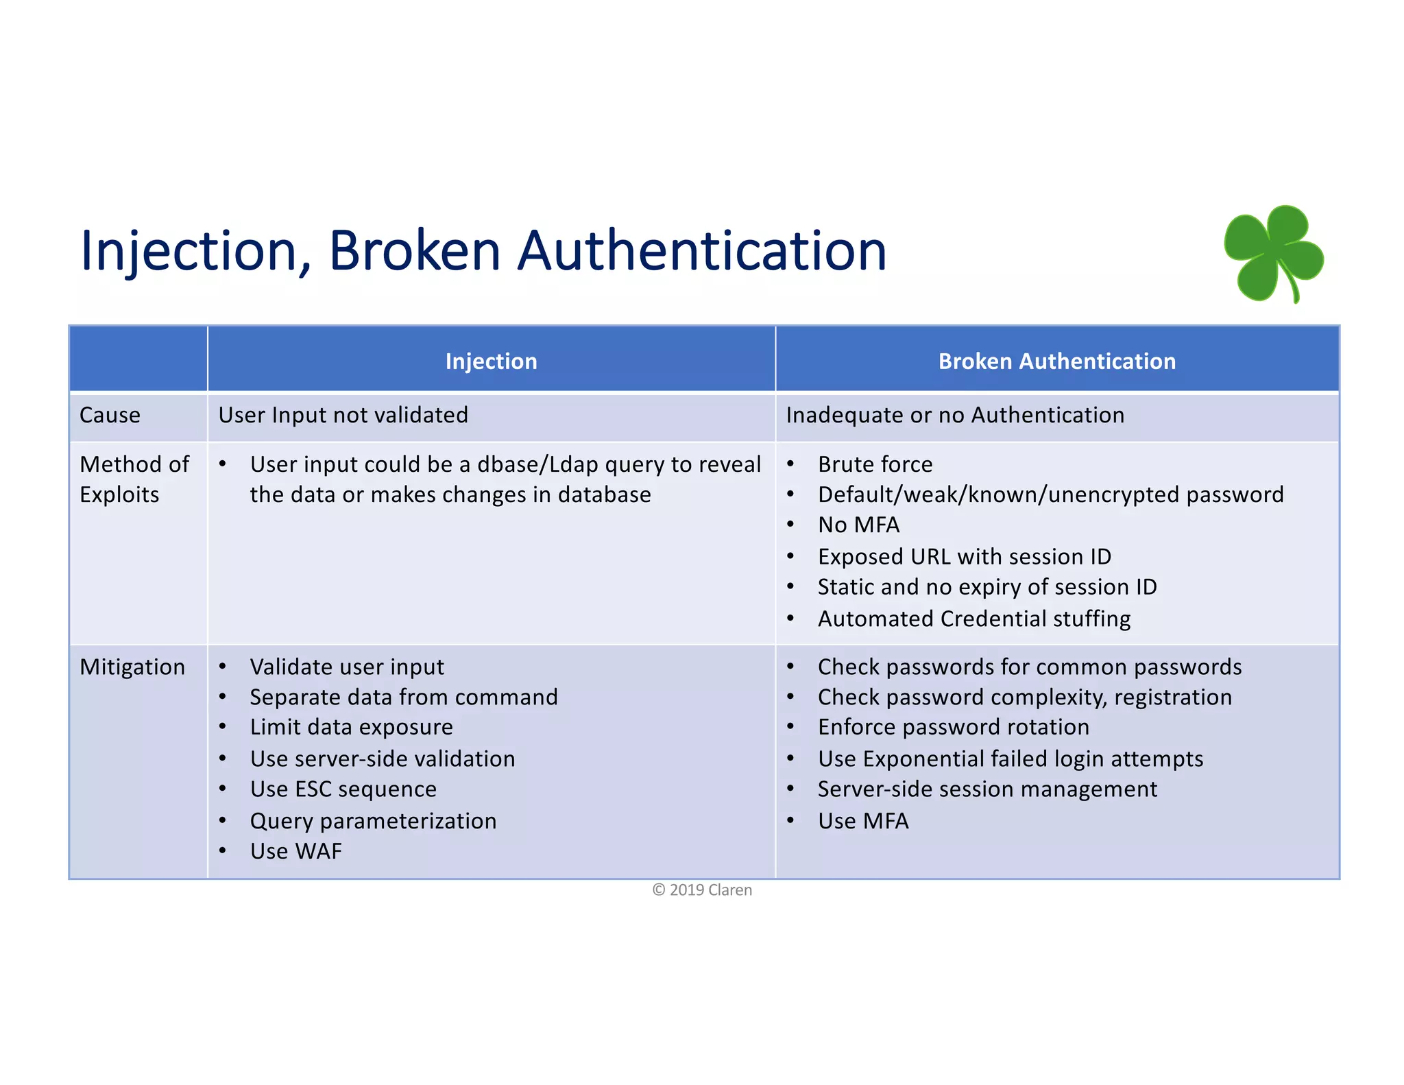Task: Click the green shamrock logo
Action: [x=1274, y=253]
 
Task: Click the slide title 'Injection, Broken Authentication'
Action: [x=483, y=250]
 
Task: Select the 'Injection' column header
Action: [x=491, y=361]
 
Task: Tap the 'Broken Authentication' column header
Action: [x=1056, y=361]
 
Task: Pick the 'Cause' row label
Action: [x=110, y=415]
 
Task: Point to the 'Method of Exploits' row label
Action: [x=134, y=479]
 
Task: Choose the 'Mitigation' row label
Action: [x=132, y=667]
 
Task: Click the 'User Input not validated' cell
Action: [x=343, y=415]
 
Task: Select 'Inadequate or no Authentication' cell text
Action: [x=955, y=415]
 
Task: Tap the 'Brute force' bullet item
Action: [x=875, y=464]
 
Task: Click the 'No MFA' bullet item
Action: [x=858, y=525]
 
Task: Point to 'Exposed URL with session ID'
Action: [x=964, y=556]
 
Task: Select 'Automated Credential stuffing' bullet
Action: [x=973, y=619]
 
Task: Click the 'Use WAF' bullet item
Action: [x=295, y=851]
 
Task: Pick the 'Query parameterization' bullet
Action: [x=373, y=821]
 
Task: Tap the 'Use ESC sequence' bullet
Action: [x=343, y=789]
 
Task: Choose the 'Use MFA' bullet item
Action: [x=863, y=821]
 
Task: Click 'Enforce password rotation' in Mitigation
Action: [x=953, y=727]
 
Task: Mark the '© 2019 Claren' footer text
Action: [x=702, y=890]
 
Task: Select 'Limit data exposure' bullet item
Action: [x=351, y=727]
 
